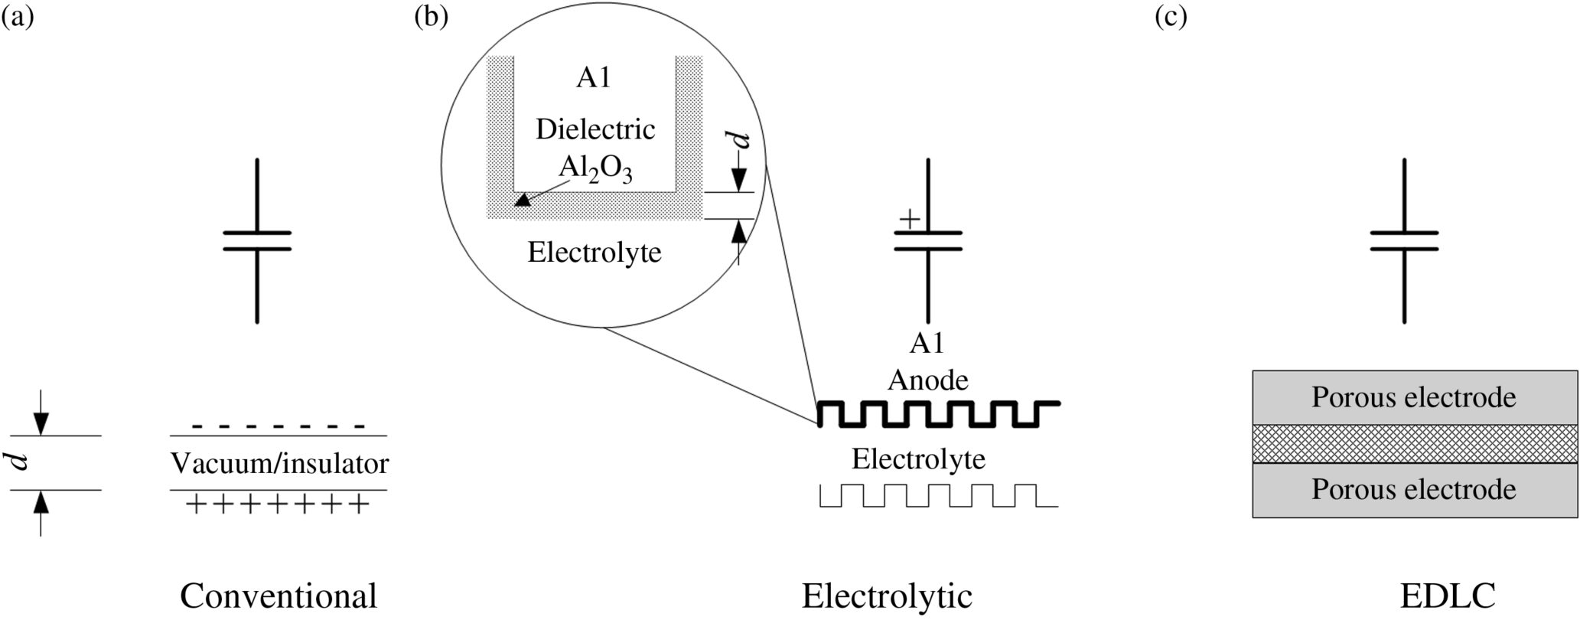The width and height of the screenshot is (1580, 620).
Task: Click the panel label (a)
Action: click(18, 16)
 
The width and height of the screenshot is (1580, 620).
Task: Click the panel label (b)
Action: click(431, 16)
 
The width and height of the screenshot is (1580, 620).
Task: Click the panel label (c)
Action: click(1171, 16)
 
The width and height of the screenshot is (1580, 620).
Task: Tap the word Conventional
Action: click(279, 596)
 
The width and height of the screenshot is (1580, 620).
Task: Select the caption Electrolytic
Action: click(887, 596)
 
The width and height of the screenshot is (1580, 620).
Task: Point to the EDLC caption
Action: click(1448, 596)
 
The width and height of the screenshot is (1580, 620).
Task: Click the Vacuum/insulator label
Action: click(279, 463)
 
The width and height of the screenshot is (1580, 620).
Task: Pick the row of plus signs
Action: click(279, 504)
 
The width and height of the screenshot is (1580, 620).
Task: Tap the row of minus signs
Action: click(279, 426)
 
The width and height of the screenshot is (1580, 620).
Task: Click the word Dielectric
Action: click(595, 129)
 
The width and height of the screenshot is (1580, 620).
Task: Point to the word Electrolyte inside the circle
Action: click(595, 252)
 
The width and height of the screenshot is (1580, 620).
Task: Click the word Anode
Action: click(928, 380)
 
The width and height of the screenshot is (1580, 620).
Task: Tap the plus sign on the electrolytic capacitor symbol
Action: click(909, 220)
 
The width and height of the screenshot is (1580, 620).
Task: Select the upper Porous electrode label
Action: click(1414, 397)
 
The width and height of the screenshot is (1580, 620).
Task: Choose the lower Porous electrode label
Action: click(1414, 489)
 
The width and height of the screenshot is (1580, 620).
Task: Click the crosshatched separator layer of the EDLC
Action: click(1414, 444)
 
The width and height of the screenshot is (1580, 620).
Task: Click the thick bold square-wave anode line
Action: click(938, 413)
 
